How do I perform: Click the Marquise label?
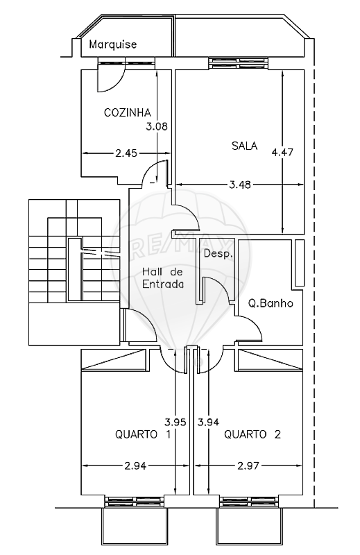coord(112,44)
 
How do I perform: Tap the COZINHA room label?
coord(128,112)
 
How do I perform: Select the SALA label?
coord(244,146)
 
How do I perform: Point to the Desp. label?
coord(218,253)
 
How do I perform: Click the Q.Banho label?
coord(271,303)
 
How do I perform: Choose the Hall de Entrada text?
coord(163,278)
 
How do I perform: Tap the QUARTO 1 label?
coord(143,434)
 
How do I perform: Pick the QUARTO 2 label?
coord(252,434)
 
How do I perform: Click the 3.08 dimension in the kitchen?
coord(157,126)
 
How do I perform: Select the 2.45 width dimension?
coord(126,153)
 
